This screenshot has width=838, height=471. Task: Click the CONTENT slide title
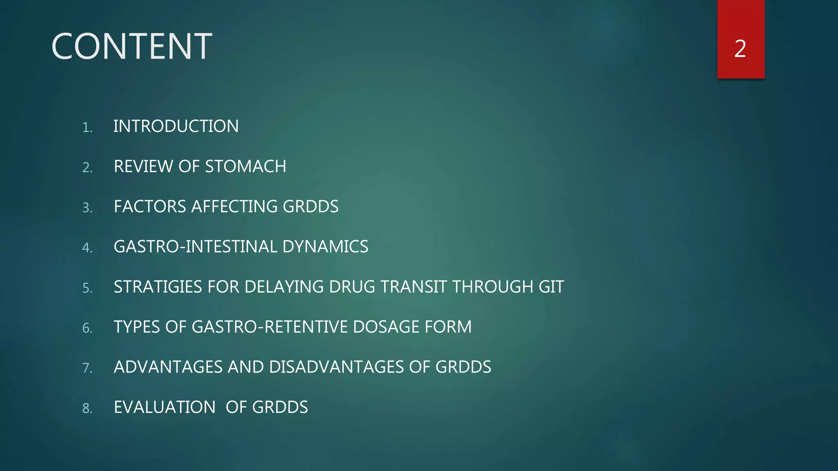point(131,47)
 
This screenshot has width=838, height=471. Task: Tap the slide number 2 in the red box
point(740,49)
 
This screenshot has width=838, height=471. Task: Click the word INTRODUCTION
point(176,126)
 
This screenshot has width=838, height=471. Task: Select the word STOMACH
point(246,166)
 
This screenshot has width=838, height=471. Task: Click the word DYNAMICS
point(325,247)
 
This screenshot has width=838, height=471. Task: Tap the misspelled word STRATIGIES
point(158,287)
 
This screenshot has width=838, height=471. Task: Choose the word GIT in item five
point(551,287)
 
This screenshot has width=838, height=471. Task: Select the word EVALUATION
point(164,407)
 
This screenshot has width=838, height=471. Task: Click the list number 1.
point(87,127)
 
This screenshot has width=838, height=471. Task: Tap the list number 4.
point(87,247)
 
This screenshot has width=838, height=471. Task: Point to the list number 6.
point(87,328)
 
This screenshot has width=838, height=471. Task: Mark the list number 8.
point(87,408)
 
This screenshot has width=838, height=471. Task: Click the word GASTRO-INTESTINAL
point(195,247)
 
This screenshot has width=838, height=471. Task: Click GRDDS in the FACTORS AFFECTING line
point(311,206)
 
